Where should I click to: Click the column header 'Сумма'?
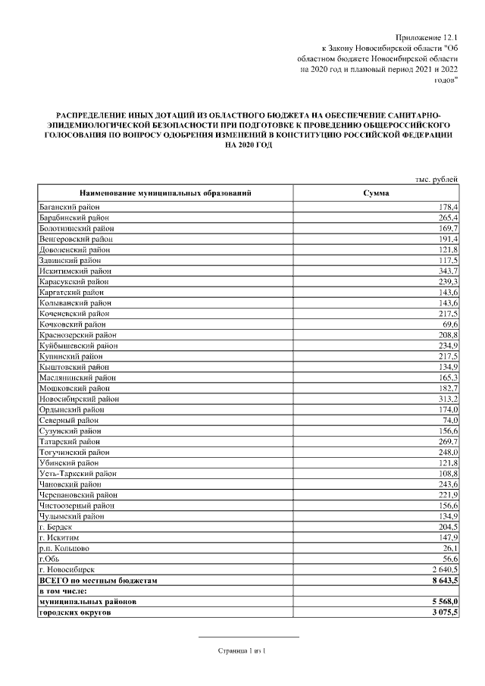point(376,194)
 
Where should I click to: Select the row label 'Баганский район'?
point(70,207)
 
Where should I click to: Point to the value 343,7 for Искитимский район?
point(446,271)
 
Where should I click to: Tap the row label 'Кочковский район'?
point(73,324)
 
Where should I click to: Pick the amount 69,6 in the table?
point(449,324)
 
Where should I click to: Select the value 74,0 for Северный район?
point(449,419)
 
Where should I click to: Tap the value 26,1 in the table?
point(450,547)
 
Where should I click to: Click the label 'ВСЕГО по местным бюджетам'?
point(98,580)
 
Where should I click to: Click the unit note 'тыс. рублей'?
point(436,179)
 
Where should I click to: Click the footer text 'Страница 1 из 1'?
point(244,650)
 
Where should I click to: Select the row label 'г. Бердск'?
point(58,526)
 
